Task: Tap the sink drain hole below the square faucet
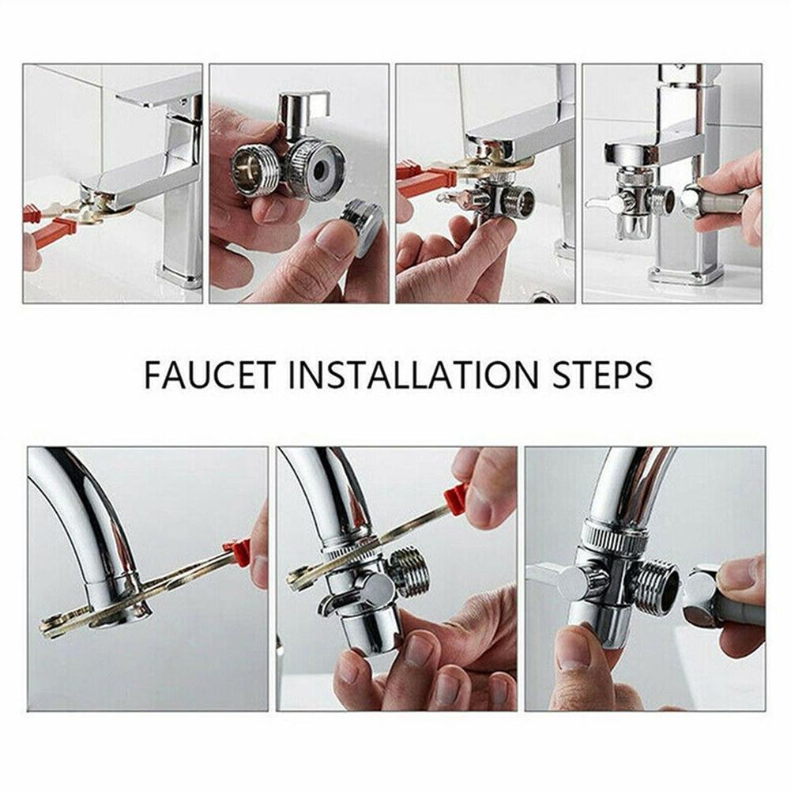coord(544,297)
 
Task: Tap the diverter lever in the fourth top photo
coord(605,203)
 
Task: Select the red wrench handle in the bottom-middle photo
coord(456,499)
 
